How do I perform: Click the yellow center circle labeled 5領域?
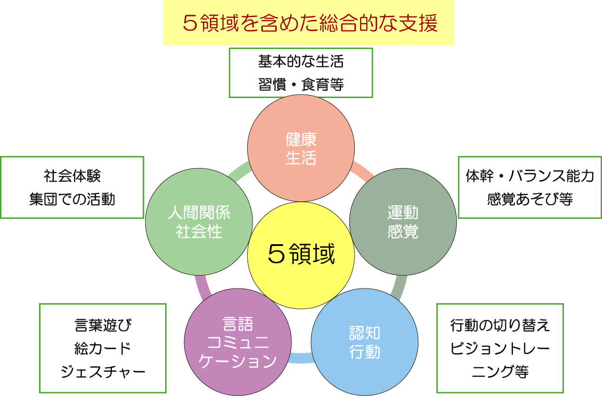click(301, 255)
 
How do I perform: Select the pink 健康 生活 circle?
click(301, 148)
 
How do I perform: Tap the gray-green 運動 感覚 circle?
click(403, 222)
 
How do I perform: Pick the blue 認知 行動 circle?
click(365, 343)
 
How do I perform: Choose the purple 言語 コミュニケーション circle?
click(237, 343)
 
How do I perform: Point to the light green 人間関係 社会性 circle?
click(199, 222)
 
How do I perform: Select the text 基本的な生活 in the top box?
click(301, 62)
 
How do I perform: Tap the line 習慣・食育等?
click(301, 85)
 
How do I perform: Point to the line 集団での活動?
click(72, 199)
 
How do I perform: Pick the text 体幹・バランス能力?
click(530, 176)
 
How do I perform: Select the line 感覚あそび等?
click(530, 199)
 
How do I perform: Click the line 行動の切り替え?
click(500, 326)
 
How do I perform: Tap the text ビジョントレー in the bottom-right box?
click(500, 348)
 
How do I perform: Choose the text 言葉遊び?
click(102, 326)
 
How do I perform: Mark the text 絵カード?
click(102, 348)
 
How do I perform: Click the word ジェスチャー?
click(102, 371)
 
